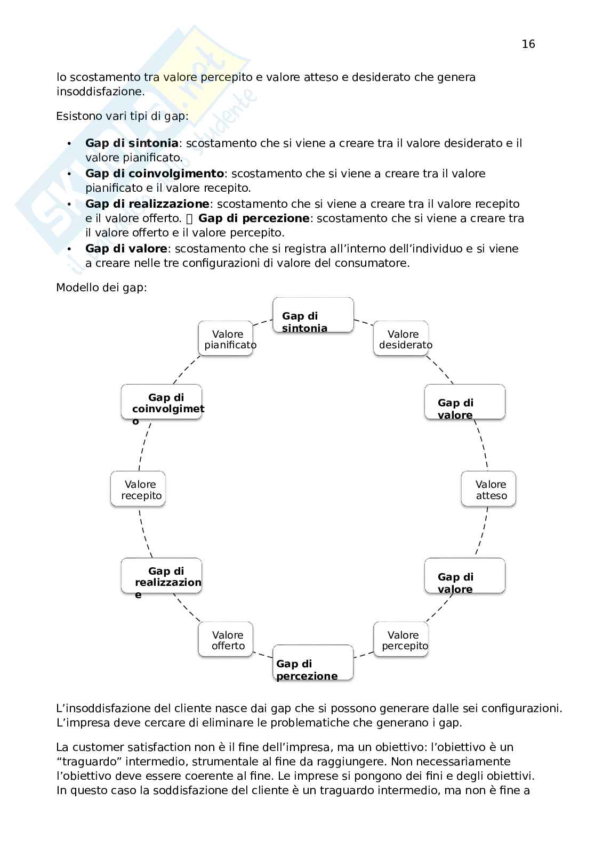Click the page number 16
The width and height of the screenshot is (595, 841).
(528, 44)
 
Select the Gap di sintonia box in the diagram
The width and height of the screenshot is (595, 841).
(313, 315)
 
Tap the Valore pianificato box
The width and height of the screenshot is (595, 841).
(226, 339)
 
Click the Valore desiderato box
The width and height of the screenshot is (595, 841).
(401, 339)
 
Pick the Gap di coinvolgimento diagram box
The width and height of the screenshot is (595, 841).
(162, 402)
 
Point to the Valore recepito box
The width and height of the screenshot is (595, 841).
(138, 489)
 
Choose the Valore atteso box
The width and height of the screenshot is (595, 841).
(488, 489)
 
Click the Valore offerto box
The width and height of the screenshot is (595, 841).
(226, 639)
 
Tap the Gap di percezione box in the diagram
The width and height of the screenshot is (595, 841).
(313, 663)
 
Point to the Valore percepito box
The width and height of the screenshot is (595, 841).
(401, 639)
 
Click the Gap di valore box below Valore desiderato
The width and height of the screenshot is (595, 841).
(464, 402)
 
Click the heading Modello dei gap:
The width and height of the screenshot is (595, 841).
(101, 288)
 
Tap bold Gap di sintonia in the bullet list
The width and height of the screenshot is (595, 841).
(132, 143)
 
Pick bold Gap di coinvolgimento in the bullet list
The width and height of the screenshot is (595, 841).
(155, 174)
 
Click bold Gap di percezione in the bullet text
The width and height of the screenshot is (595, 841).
(254, 218)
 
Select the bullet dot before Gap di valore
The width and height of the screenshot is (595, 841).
(69, 249)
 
